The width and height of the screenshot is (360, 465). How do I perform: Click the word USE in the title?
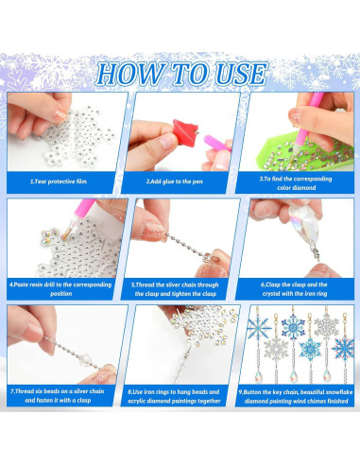pos(237,74)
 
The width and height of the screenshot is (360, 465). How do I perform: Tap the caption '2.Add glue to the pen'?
pos(180,180)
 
